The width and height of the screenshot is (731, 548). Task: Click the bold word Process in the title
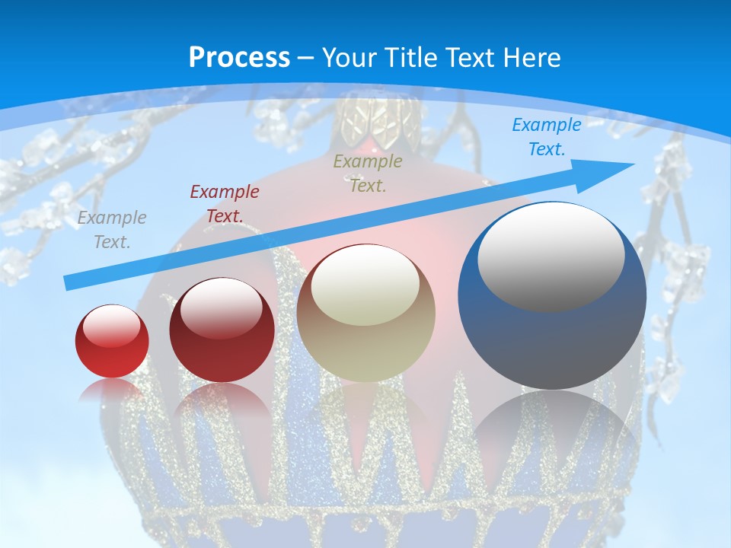[239, 58]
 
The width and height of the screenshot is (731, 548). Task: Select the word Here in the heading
[533, 58]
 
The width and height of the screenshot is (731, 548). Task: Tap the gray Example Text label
[112, 230]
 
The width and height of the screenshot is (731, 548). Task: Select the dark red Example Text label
[225, 204]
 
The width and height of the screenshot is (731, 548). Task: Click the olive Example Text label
[368, 173]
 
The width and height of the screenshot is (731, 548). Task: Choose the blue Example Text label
[546, 137]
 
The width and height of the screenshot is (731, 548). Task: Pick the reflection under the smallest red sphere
[112, 390]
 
